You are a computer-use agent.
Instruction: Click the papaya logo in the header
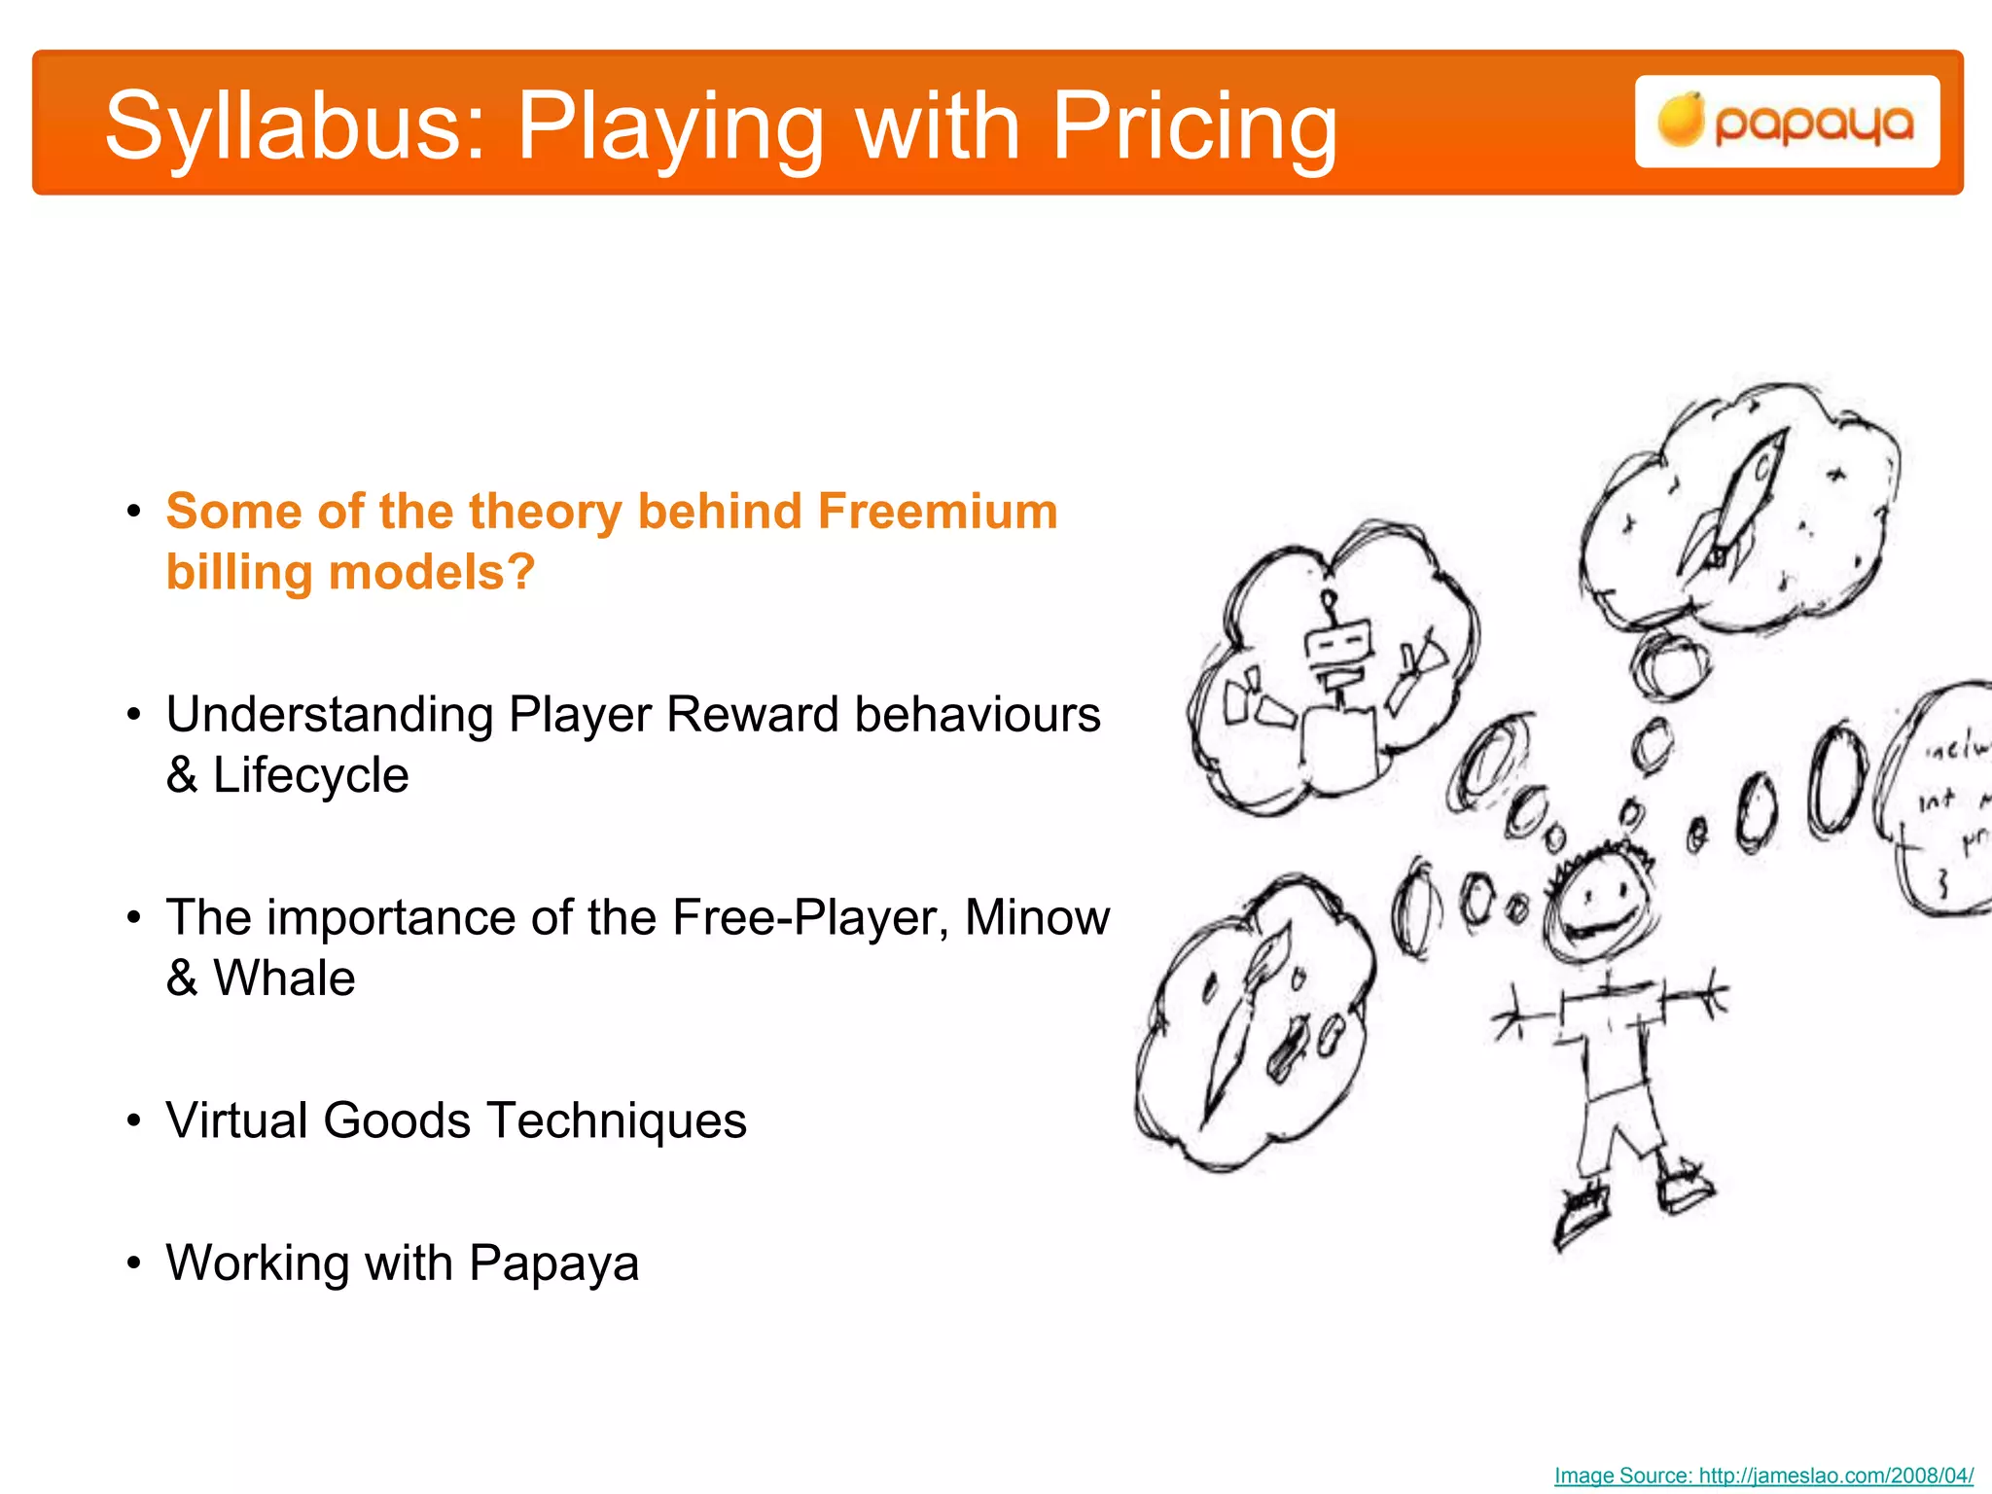click(x=1787, y=122)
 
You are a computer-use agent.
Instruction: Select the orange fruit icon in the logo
click(x=1681, y=121)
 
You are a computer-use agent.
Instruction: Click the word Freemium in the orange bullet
click(x=937, y=511)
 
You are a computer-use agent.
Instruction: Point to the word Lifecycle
click(x=310, y=775)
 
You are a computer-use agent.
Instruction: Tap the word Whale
click(x=284, y=978)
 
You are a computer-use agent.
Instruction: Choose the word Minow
click(x=1037, y=917)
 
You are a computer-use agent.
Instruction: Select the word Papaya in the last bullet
click(x=553, y=1263)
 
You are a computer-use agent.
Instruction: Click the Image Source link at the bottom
click(x=1763, y=1475)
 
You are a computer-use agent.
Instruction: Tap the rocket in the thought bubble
click(x=1736, y=506)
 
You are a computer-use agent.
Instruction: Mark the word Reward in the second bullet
click(x=753, y=715)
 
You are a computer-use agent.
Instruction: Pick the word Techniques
click(x=617, y=1120)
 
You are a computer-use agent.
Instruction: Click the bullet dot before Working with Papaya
click(x=134, y=1263)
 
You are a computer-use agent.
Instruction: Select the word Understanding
click(x=330, y=715)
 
